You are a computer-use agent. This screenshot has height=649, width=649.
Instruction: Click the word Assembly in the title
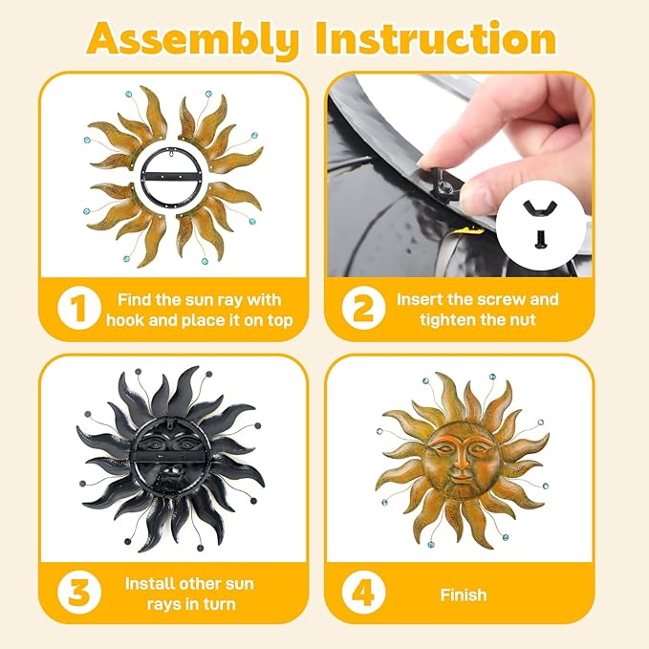(x=193, y=39)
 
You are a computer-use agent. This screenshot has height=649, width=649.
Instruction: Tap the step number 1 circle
(x=79, y=308)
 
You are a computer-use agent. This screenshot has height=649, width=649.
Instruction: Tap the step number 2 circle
(x=364, y=308)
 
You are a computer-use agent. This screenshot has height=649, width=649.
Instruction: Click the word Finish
(x=464, y=595)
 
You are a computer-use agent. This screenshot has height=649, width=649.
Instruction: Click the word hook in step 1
(x=125, y=320)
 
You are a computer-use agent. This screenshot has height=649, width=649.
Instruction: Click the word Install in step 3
(x=149, y=584)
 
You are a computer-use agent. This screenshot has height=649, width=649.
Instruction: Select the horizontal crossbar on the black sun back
(x=170, y=457)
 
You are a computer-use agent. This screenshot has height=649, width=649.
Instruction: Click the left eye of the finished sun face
(x=443, y=448)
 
